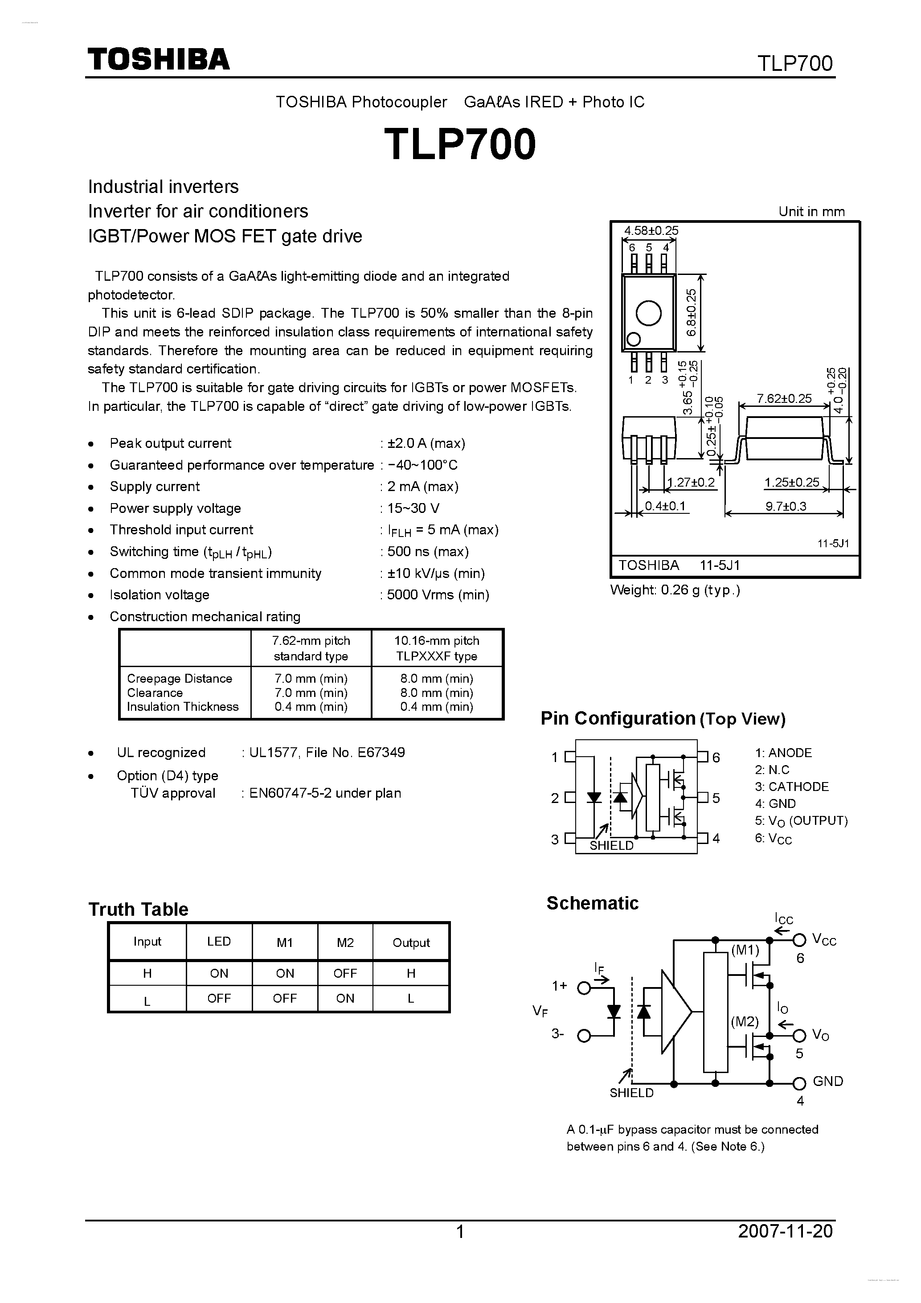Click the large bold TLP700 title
(x=460, y=144)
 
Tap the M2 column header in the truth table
(x=345, y=942)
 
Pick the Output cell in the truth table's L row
(x=411, y=998)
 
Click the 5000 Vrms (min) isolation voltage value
(x=438, y=595)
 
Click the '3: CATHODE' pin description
(x=792, y=787)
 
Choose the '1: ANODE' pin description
(x=783, y=753)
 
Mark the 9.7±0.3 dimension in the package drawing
(x=786, y=506)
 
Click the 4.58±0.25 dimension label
(x=651, y=230)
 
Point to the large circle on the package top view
(x=649, y=313)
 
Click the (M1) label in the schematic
(x=745, y=950)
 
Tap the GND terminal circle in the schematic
(x=799, y=1083)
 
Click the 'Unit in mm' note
(x=811, y=212)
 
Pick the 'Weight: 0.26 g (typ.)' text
(x=675, y=590)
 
